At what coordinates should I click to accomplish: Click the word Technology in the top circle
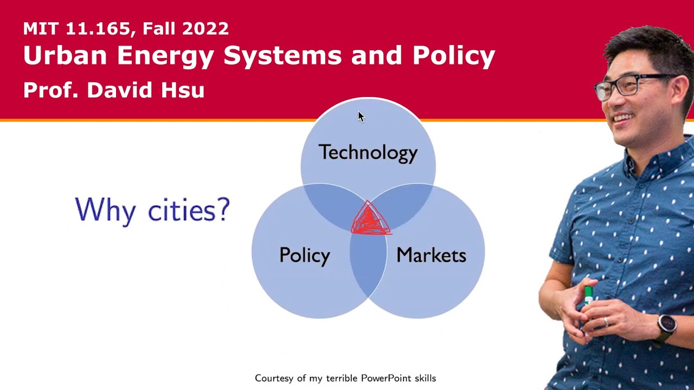point(368,153)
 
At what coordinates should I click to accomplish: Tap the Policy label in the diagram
point(304,255)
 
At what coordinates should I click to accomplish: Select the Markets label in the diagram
point(431,255)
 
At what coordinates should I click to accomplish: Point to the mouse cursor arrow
point(361,116)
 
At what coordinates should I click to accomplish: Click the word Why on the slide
point(105,210)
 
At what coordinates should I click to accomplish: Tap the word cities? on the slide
point(189,210)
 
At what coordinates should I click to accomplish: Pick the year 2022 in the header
point(205,29)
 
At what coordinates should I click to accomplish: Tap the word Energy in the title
point(168,56)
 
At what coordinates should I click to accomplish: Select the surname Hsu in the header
point(182,90)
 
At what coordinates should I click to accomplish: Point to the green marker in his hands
point(589,295)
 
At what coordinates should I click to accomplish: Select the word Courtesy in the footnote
point(274,378)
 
